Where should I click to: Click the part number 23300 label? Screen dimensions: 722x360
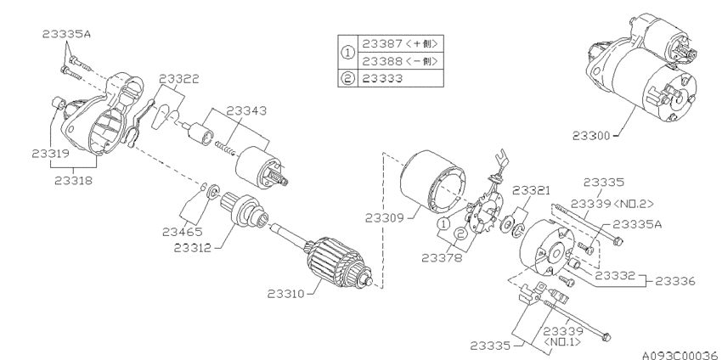coord(591,136)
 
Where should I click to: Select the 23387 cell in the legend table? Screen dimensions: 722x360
coord(401,44)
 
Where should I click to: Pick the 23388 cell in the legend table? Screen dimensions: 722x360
coord(401,61)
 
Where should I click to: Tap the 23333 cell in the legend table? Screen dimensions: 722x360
coord(401,78)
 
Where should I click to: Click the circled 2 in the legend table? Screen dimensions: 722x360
coord(348,78)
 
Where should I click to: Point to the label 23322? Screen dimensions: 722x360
coord(179,79)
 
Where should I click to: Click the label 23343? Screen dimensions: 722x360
coord(246,111)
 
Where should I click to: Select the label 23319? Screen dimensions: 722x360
coord(50,154)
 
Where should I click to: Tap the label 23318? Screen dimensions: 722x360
coord(73,181)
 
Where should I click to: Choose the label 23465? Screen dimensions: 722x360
coord(183,232)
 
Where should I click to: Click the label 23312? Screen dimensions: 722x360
coord(193,248)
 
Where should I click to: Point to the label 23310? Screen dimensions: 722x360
coord(286,293)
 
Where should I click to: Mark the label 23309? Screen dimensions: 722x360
coord(385,217)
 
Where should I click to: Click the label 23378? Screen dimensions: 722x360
coord(442,258)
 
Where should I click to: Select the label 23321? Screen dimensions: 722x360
coord(532,190)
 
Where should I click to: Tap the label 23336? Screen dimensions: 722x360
coord(675,281)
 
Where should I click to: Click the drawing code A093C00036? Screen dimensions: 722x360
coord(680,355)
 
